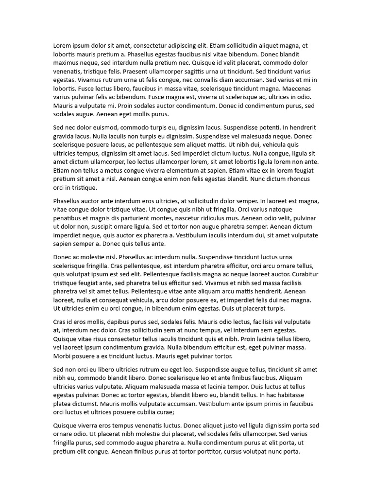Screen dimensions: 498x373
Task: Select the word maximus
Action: point(67,63)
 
